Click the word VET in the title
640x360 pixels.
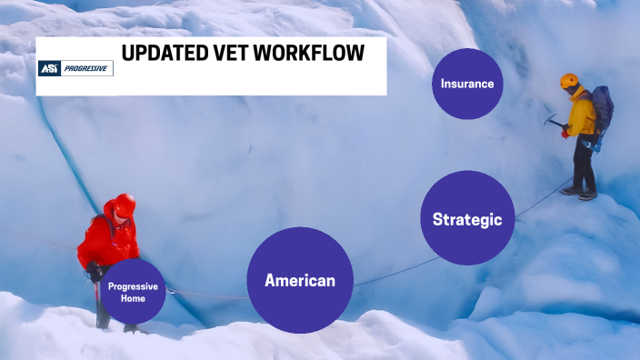227,54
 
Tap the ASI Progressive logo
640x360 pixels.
75,68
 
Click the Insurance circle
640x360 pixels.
467,84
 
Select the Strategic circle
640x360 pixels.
467,218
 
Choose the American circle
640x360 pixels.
300,280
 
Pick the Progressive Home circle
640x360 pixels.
133,292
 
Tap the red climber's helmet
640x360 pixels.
125,204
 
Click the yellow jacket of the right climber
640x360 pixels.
583,114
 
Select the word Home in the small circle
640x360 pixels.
133,298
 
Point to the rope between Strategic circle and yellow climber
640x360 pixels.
537,200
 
